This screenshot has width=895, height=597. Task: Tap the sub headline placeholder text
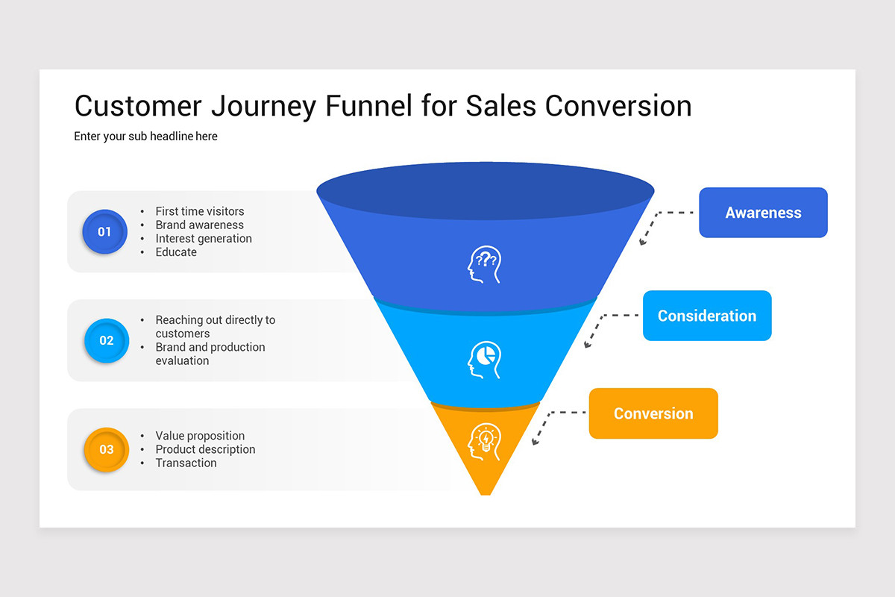pyautogui.click(x=145, y=137)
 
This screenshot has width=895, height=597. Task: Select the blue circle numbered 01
pyautogui.click(x=104, y=231)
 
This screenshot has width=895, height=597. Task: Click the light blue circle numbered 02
pyautogui.click(x=106, y=340)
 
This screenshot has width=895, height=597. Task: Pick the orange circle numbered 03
pyautogui.click(x=106, y=449)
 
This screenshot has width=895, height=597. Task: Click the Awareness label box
pyautogui.click(x=763, y=213)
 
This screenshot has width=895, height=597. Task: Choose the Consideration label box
pyautogui.click(x=707, y=316)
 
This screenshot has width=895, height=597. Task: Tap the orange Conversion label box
pyautogui.click(x=653, y=413)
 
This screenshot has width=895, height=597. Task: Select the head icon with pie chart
pyautogui.click(x=485, y=359)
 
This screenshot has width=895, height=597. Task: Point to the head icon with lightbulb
pyautogui.click(x=485, y=442)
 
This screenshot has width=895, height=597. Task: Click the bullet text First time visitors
pyautogui.click(x=199, y=211)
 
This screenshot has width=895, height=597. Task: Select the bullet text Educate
pyautogui.click(x=176, y=252)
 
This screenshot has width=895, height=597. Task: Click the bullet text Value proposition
pyautogui.click(x=200, y=436)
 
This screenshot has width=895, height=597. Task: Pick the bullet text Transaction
pyautogui.click(x=186, y=463)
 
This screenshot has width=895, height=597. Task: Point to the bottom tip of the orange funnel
pyautogui.click(x=485, y=492)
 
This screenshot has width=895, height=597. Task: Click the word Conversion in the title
pyautogui.click(x=618, y=106)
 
